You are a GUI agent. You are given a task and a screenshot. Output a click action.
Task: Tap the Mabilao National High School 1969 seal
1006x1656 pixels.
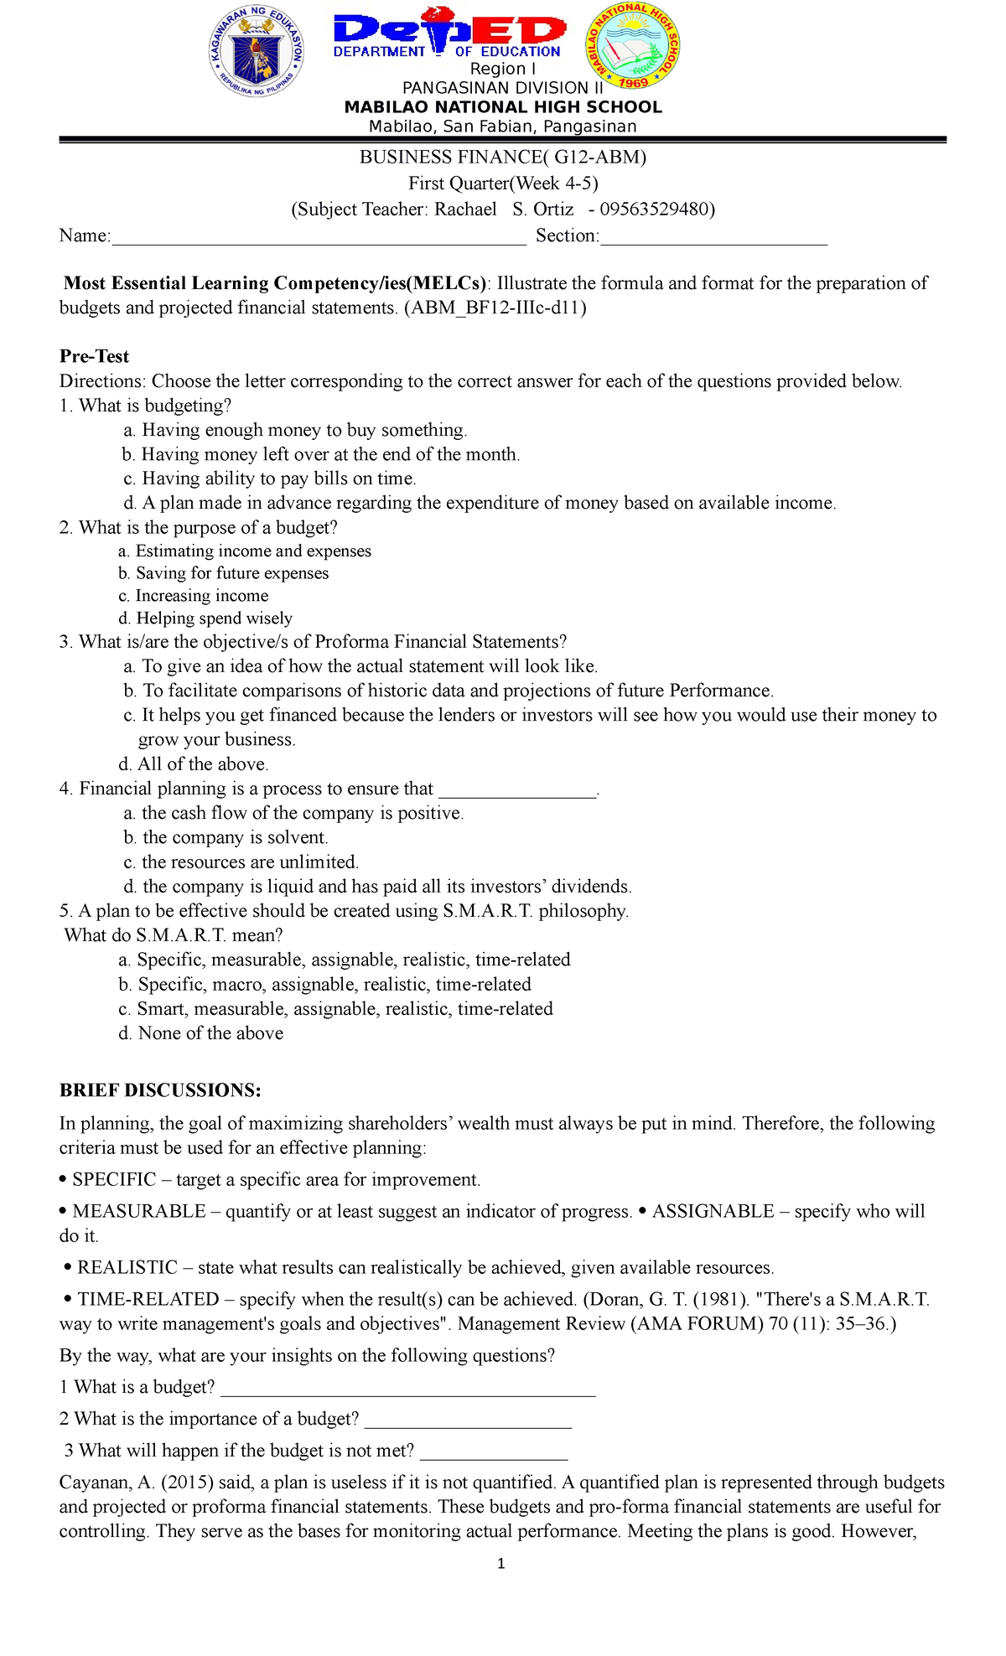[633, 45]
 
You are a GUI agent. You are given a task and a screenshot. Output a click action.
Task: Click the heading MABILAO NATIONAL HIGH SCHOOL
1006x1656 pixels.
[503, 107]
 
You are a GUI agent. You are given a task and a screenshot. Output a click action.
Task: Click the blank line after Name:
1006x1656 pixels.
[319, 238]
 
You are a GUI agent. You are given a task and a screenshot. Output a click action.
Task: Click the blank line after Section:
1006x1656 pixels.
[713, 238]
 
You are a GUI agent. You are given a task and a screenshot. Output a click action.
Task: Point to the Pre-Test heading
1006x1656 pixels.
[94, 357]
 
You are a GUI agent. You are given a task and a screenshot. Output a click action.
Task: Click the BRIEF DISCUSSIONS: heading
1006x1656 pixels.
[160, 1090]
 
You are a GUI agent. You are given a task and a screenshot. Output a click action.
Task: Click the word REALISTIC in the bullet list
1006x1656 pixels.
[127, 1267]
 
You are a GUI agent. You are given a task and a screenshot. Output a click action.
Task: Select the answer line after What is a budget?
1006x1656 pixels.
[407, 1389]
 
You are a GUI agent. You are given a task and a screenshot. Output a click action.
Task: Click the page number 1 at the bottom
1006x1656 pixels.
[501, 1564]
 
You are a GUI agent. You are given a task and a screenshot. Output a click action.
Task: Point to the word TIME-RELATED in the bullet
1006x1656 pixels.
[148, 1299]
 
